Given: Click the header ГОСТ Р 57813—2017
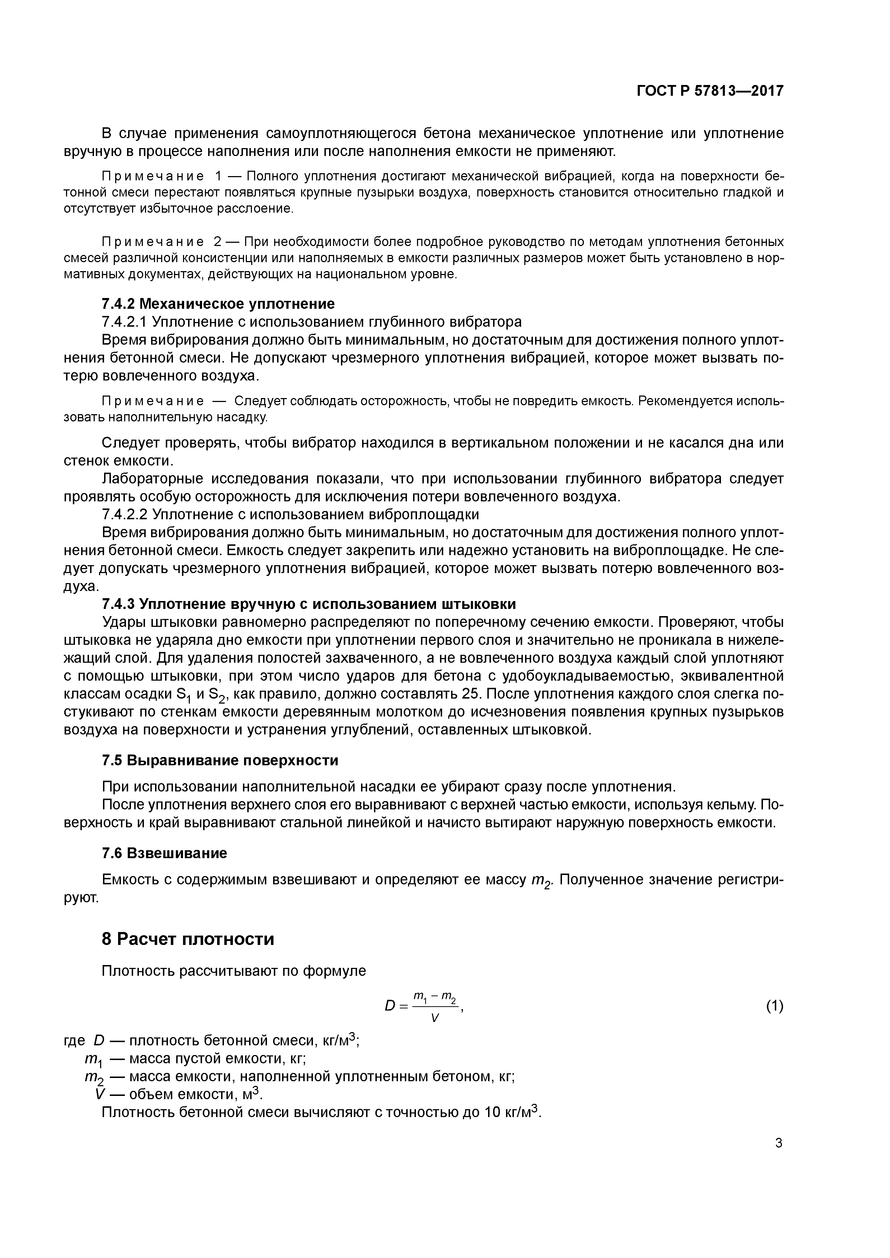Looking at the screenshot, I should pos(710,91).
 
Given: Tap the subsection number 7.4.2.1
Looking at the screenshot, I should pos(125,322).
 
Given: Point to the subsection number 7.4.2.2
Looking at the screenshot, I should pos(125,515).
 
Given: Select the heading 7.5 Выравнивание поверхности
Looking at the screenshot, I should pos(220,761).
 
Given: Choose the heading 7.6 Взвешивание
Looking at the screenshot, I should pos(164,853).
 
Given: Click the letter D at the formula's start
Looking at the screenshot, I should pos(390,1007).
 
